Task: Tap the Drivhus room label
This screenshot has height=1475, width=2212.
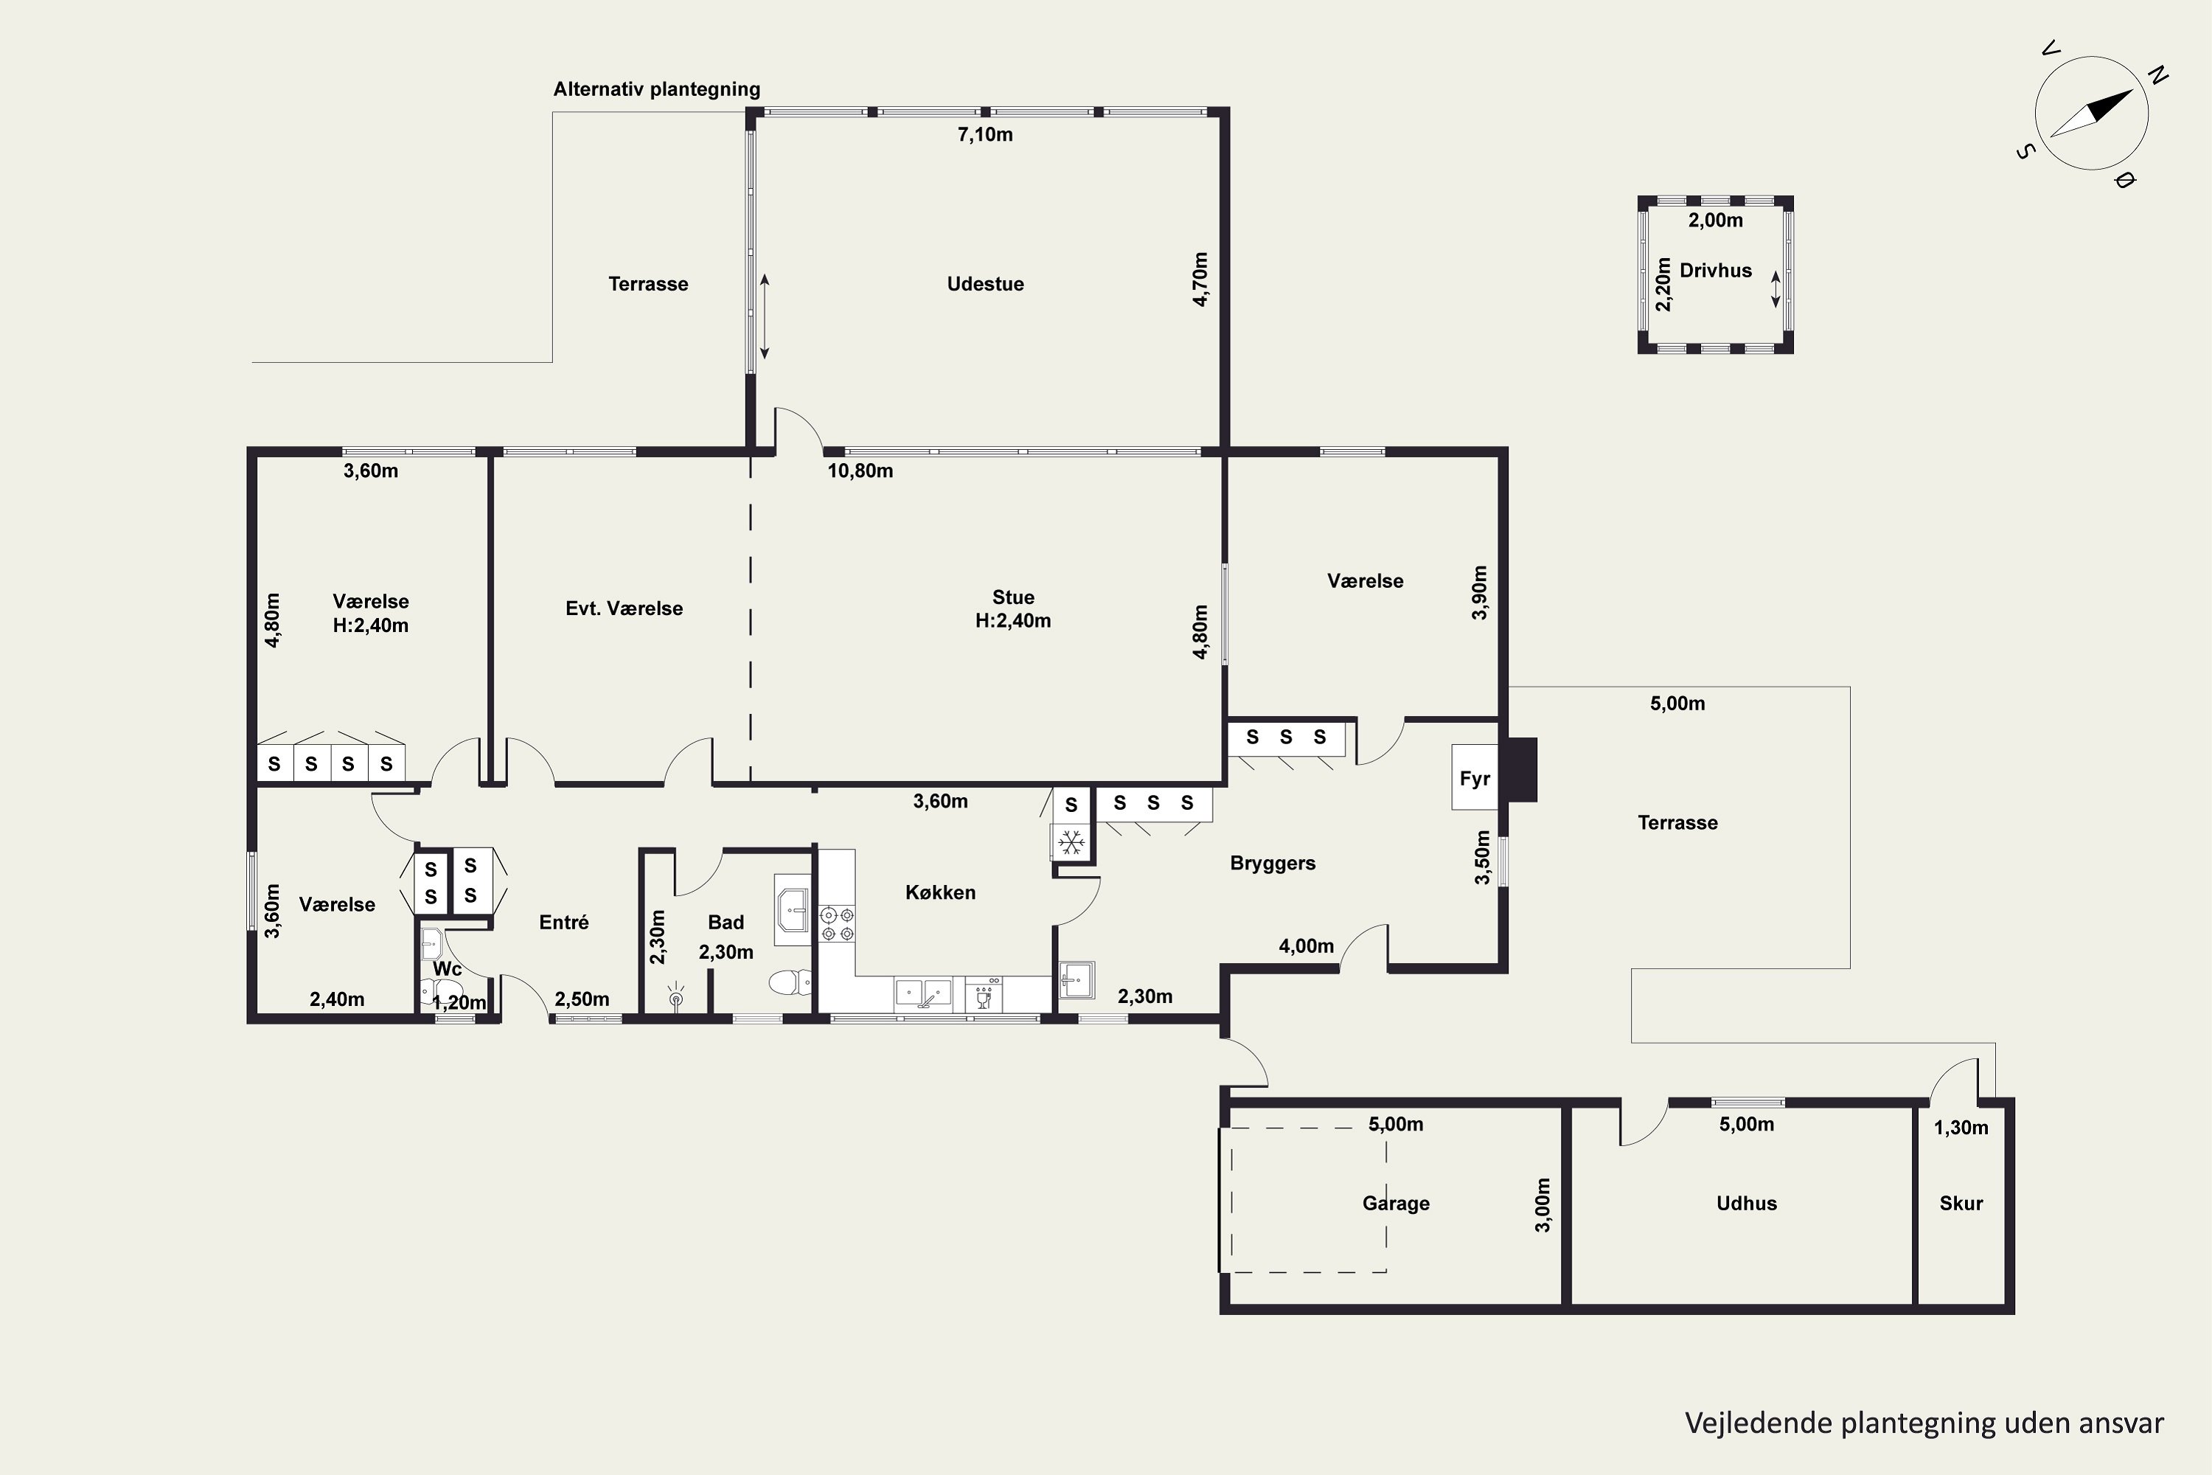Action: (1716, 271)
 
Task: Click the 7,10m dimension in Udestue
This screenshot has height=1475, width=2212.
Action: (984, 134)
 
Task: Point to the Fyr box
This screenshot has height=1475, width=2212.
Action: (1475, 778)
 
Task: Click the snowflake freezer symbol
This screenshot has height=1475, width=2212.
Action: (1071, 843)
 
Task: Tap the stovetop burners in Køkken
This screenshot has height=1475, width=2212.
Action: (836, 924)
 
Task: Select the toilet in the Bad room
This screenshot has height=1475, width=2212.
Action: (790, 983)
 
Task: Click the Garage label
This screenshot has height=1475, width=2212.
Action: (1396, 1203)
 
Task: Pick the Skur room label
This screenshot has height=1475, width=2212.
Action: (1961, 1203)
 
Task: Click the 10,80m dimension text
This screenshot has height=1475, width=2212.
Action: (860, 471)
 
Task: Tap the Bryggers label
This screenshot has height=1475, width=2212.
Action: (1273, 864)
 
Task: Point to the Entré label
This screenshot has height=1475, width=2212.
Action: (563, 922)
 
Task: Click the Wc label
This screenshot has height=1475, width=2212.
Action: (447, 969)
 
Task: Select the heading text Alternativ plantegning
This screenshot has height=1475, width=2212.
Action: (656, 89)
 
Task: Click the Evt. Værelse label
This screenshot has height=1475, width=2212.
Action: (624, 608)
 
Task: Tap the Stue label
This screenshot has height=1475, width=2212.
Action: (1013, 597)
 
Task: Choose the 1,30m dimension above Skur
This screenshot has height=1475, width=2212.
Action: (1961, 1127)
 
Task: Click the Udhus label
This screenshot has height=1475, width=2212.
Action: (1747, 1203)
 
